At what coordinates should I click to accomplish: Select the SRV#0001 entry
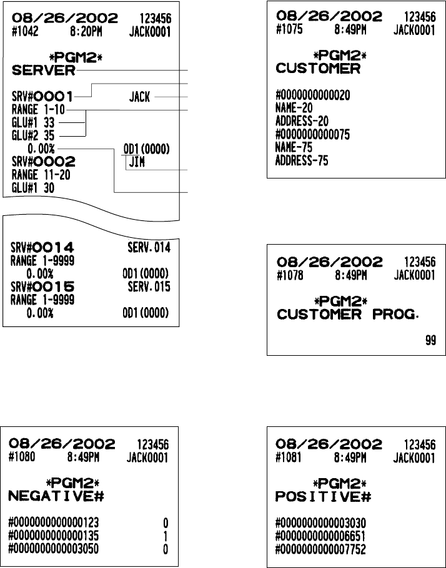point(42,97)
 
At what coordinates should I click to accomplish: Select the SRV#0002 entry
point(43,162)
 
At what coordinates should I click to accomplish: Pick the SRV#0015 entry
point(43,286)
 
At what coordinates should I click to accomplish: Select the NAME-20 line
point(294,108)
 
